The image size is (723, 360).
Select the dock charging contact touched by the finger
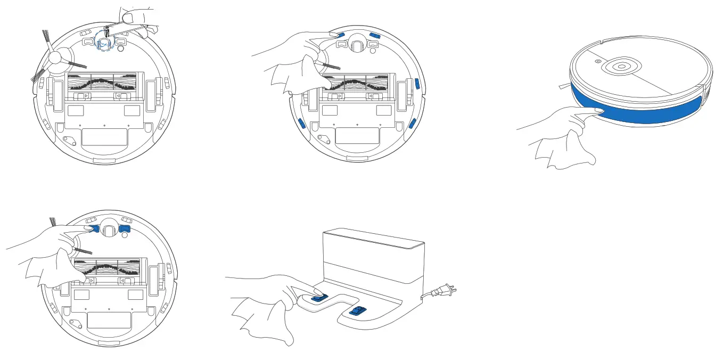pos(318,298)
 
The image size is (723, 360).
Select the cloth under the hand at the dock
pos(264,320)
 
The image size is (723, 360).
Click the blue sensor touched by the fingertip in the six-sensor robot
pos(341,34)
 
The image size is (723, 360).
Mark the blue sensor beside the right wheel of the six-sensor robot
pos(416,84)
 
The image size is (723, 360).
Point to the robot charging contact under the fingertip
pos(94,228)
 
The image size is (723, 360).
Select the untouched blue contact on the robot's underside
pos(125,229)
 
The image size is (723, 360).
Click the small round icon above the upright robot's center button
pos(598,61)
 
